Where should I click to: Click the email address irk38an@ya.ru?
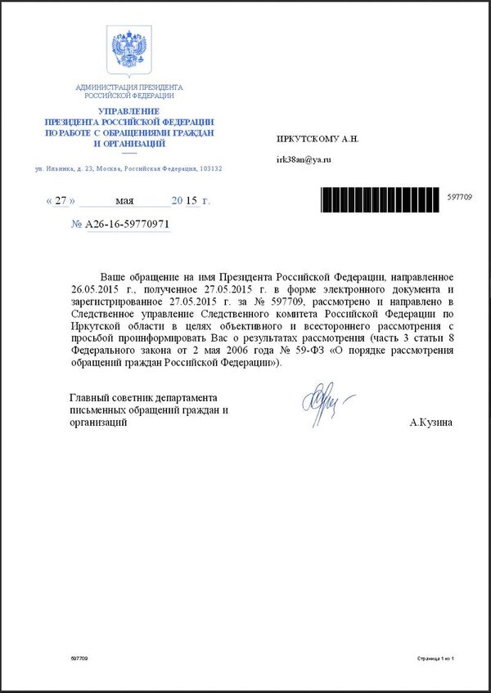tap(303, 159)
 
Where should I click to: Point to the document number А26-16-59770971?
tap(128, 223)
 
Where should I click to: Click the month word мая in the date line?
tap(124, 200)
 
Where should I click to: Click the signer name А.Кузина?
tap(431, 423)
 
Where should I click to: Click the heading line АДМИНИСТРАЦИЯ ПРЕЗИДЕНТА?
tap(128, 87)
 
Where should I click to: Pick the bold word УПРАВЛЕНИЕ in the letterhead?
tap(128, 110)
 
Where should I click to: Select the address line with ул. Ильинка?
tap(128, 168)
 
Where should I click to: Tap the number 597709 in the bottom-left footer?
tap(79, 658)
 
